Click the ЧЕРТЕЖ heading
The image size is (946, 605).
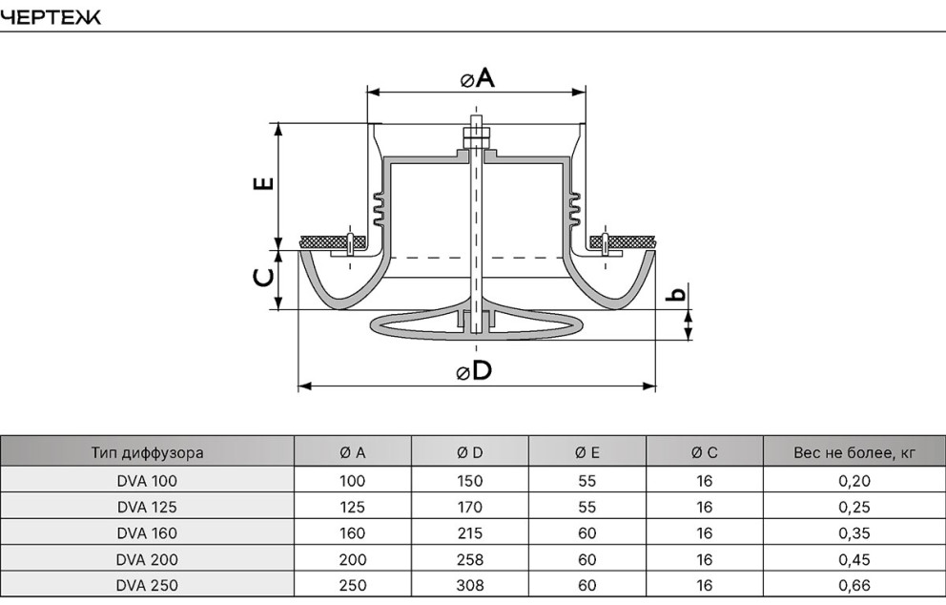tap(51, 17)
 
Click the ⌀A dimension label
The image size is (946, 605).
tap(477, 78)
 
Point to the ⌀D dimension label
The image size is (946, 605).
tap(474, 370)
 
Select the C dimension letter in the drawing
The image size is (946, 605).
tap(263, 277)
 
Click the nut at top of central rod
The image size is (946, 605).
tap(477, 137)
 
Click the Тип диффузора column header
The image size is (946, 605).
tap(147, 453)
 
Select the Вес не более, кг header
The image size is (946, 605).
tap(854, 453)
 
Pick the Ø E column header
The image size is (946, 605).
tap(587, 453)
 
